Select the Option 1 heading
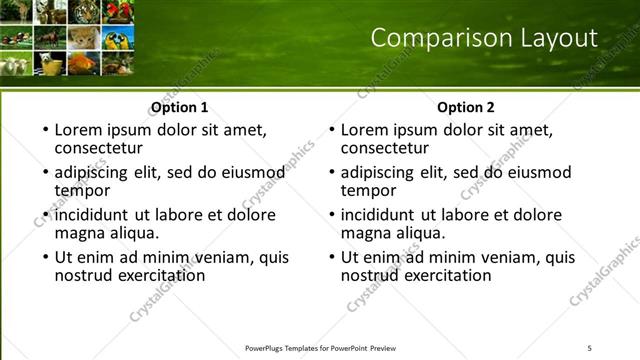[x=180, y=107]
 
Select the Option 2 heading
[x=466, y=107]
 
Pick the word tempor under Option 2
[x=368, y=190]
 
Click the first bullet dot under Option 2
[x=332, y=131]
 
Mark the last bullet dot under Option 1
[x=45, y=257]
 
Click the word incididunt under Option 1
[x=93, y=215]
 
